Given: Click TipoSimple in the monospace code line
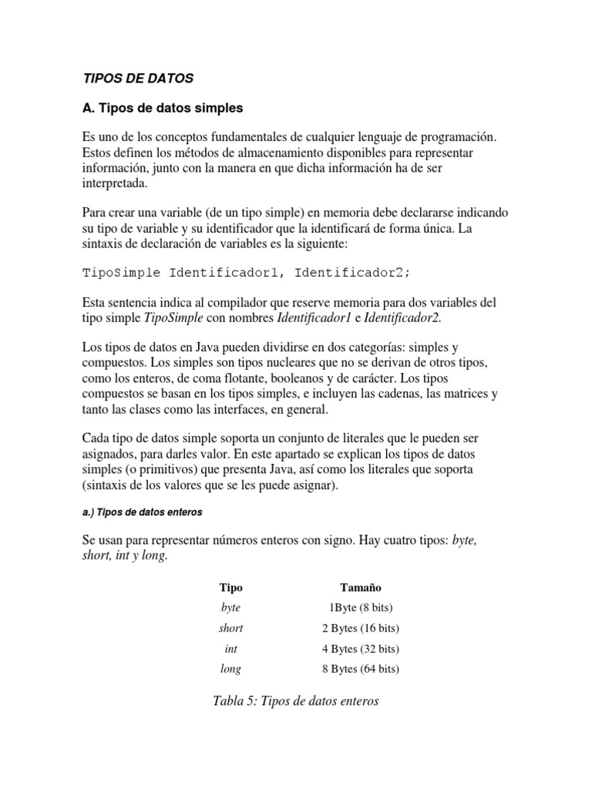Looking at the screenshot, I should tap(121, 272).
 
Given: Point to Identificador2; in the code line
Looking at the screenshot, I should tap(353, 272).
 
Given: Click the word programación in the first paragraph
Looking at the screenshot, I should tap(456, 136).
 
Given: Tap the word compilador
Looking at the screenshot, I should tap(254, 302).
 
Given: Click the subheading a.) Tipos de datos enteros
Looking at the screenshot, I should tap(143, 512).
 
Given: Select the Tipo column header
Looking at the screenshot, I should tap(230, 588).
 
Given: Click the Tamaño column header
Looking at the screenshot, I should tap(360, 588).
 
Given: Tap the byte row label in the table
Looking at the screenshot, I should tap(230, 608).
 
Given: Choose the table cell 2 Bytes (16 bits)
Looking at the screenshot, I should tap(360, 628).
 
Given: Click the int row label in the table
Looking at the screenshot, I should tap(230, 649).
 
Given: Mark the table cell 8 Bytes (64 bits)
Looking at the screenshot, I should tap(360, 669).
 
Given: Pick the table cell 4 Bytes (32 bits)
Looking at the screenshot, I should tap(360, 649).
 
